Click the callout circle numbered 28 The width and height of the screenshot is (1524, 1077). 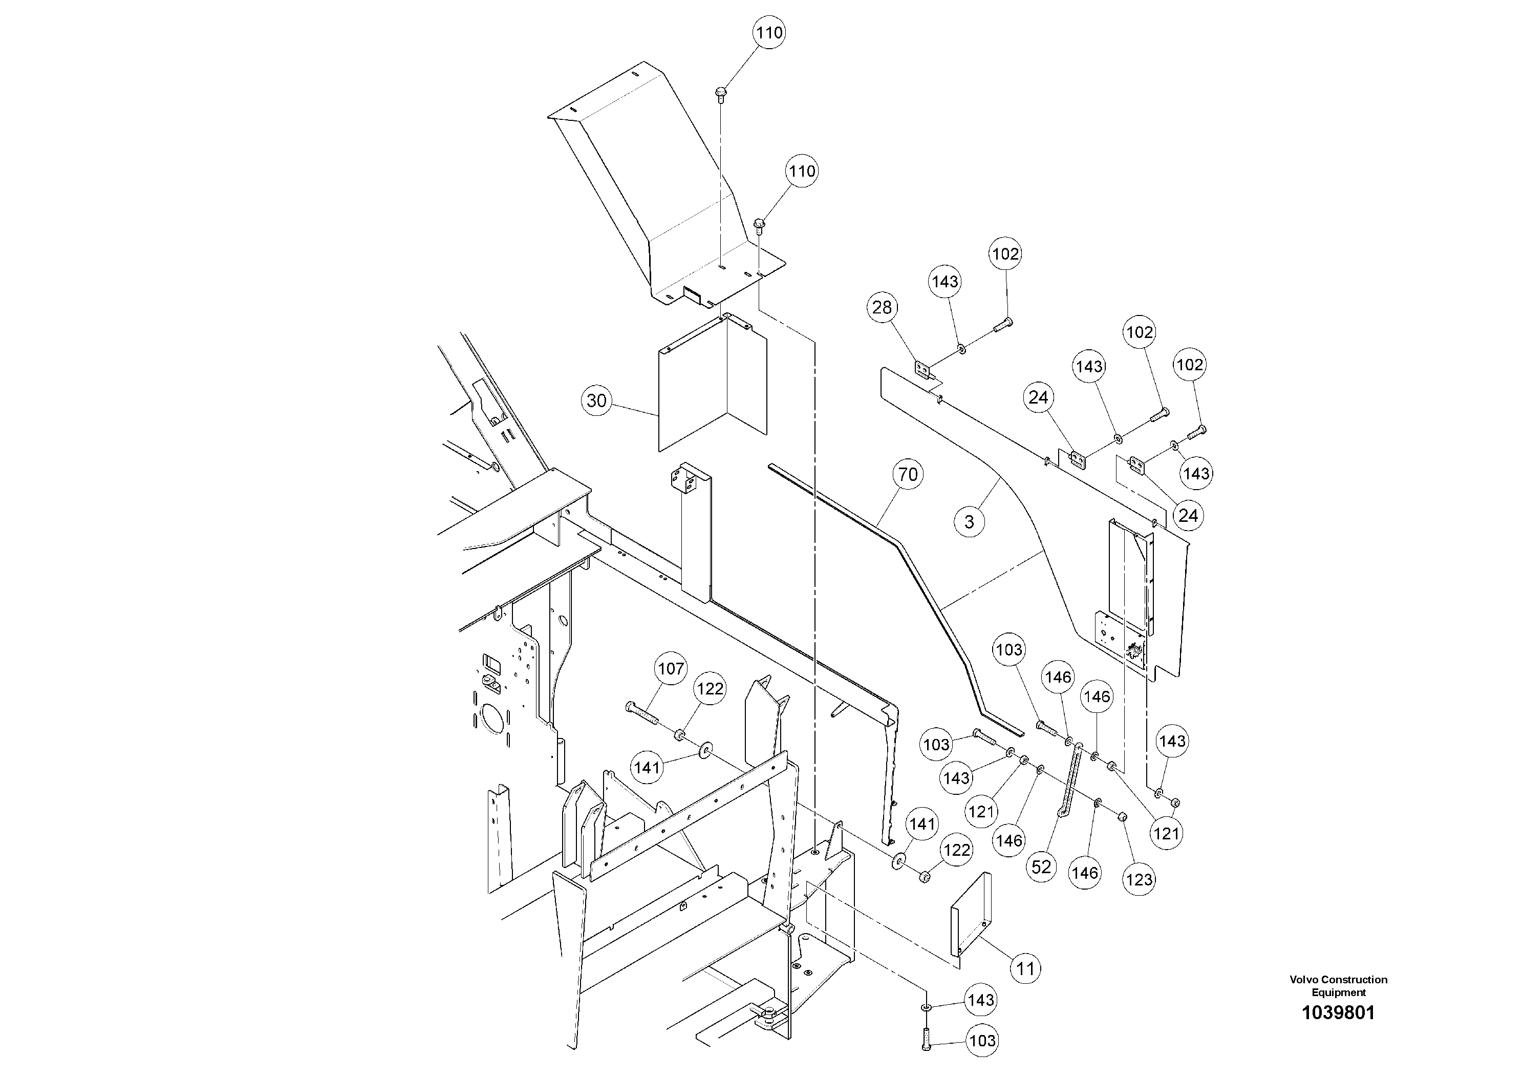[882, 307]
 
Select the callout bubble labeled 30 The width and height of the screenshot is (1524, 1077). [597, 400]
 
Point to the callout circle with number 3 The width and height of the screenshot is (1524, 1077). [969, 522]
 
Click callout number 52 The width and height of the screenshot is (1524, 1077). [1041, 867]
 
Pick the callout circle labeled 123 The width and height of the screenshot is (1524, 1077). [1139, 880]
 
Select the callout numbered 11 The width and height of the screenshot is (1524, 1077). [1025, 969]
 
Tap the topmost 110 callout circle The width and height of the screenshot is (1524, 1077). [769, 33]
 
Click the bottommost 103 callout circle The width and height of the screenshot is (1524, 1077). [982, 1041]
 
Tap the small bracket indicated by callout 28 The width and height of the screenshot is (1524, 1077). [921, 369]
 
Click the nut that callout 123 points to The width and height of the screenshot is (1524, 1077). [1121, 817]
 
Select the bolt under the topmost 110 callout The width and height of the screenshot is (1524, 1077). [721, 94]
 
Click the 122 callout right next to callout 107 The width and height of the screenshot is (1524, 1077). [710, 689]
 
